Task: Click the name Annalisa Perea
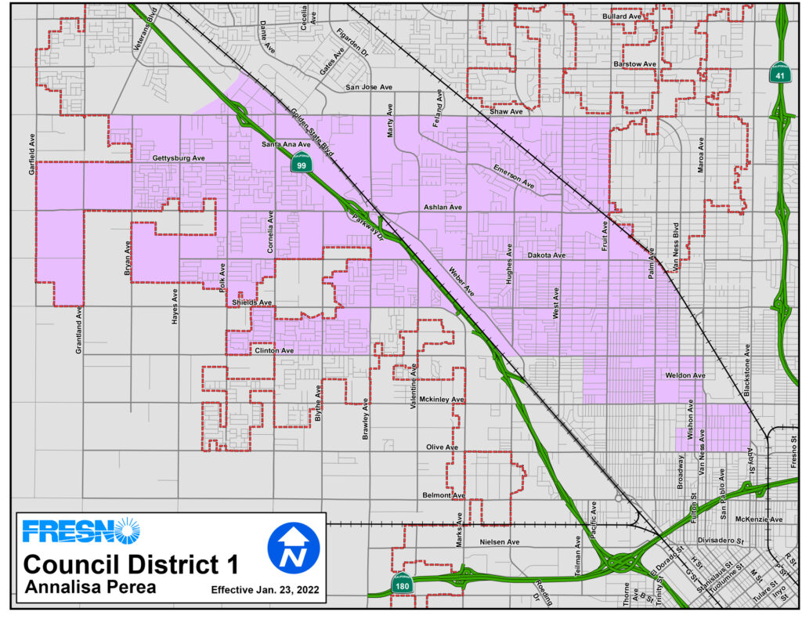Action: click(92, 586)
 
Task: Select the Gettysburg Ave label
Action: click(178, 158)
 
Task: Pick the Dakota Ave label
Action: click(546, 255)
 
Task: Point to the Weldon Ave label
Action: click(685, 376)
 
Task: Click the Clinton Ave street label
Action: click(273, 350)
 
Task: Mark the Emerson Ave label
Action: click(514, 178)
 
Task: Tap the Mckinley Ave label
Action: click(442, 400)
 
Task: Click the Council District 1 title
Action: click(131, 564)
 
